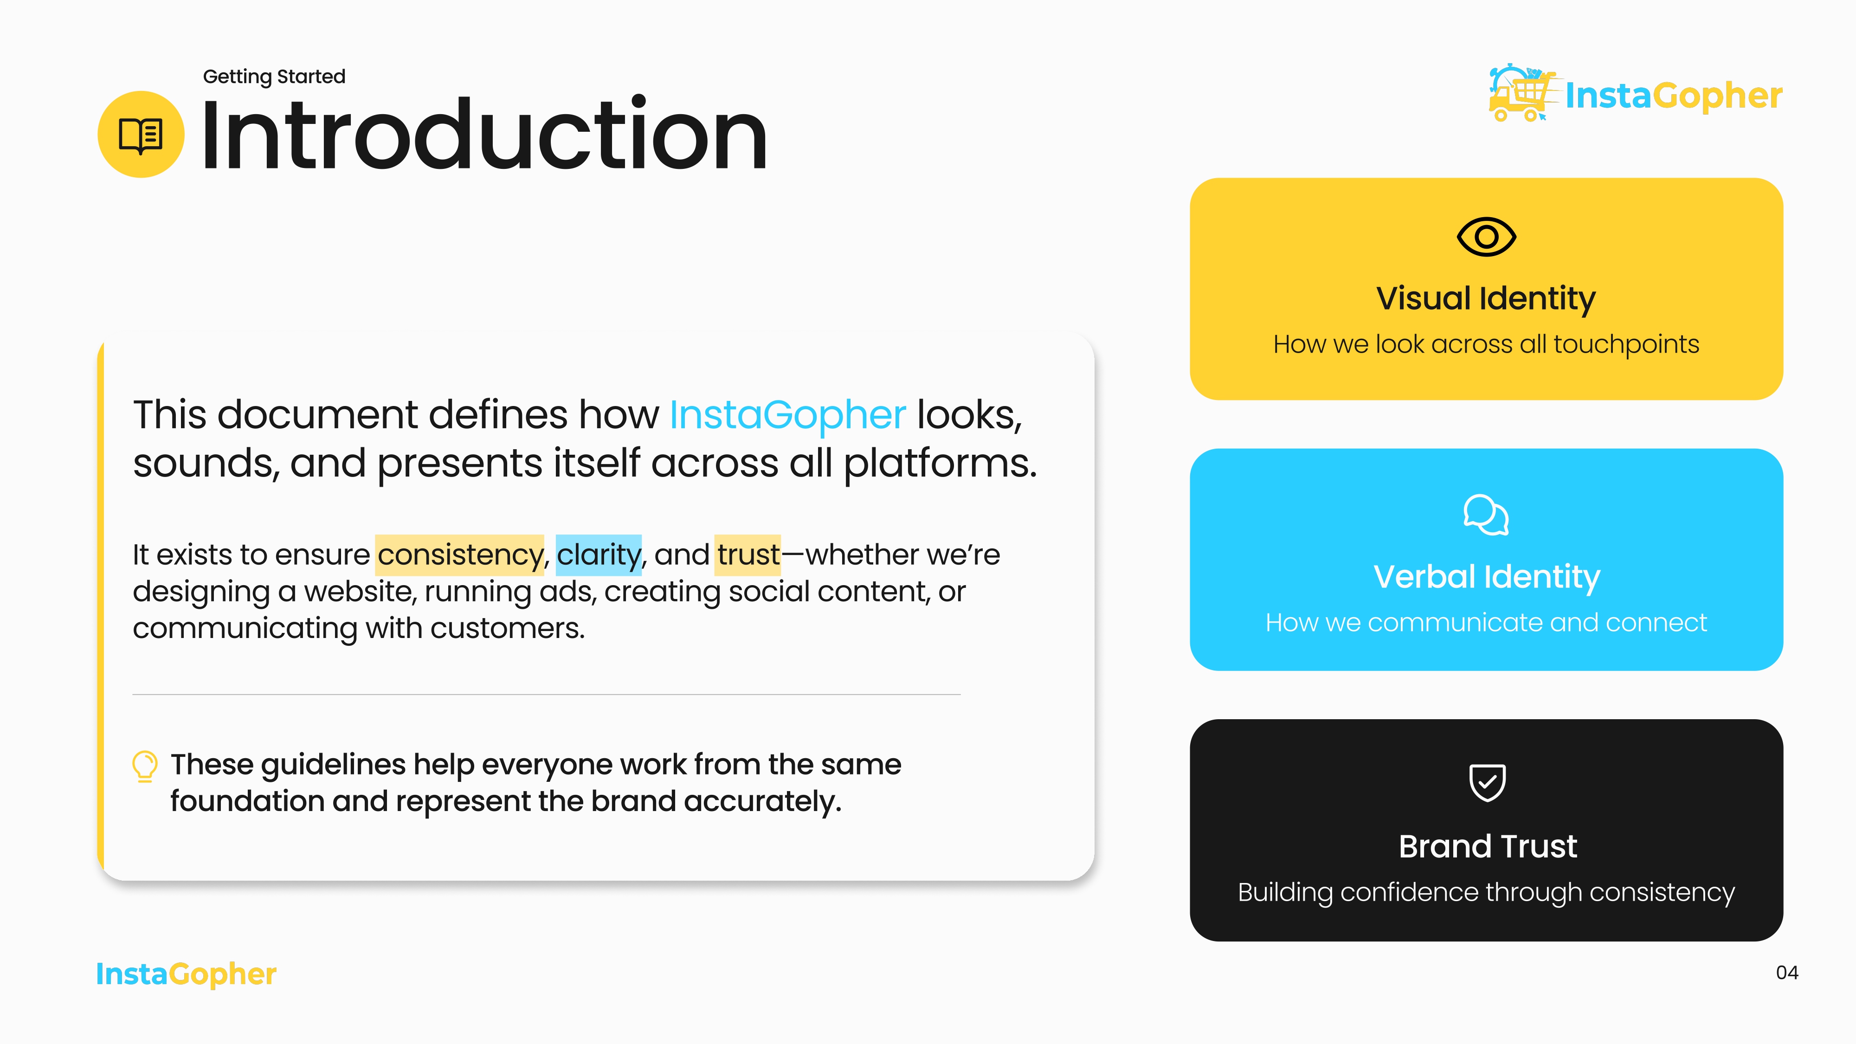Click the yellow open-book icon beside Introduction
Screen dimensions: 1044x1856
tap(141, 135)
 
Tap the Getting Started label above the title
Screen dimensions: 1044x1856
tap(274, 77)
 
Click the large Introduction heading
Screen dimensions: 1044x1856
tap(484, 135)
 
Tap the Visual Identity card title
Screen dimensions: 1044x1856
tap(1486, 298)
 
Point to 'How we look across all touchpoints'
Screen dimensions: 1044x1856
tap(1486, 344)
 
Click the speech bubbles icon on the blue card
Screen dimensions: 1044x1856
tap(1486, 515)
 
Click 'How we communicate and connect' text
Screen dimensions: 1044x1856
tap(1486, 623)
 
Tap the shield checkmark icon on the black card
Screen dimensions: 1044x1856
tap(1486, 782)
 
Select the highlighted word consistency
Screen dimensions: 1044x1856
tap(460, 555)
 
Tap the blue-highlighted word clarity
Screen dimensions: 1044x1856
tap(598, 555)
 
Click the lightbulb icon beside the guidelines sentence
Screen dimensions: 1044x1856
tap(145, 766)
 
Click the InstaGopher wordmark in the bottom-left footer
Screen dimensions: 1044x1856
tap(186, 974)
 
